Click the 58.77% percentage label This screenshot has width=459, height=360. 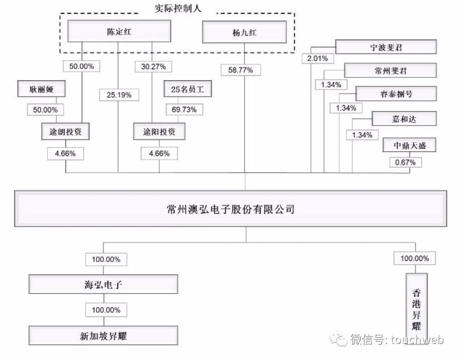[x=240, y=70]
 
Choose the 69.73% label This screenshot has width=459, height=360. [x=184, y=110]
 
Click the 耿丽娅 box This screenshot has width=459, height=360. [x=42, y=90]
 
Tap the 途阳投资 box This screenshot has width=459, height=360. [x=159, y=131]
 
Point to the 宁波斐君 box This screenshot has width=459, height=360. [x=385, y=47]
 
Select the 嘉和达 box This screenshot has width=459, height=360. [x=404, y=119]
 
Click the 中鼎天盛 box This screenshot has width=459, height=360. [x=409, y=146]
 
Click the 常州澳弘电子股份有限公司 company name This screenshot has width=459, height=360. [x=231, y=210]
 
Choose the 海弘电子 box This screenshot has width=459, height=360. [x=103, y=284]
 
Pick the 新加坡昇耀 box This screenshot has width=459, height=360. [x=103, y=336]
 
